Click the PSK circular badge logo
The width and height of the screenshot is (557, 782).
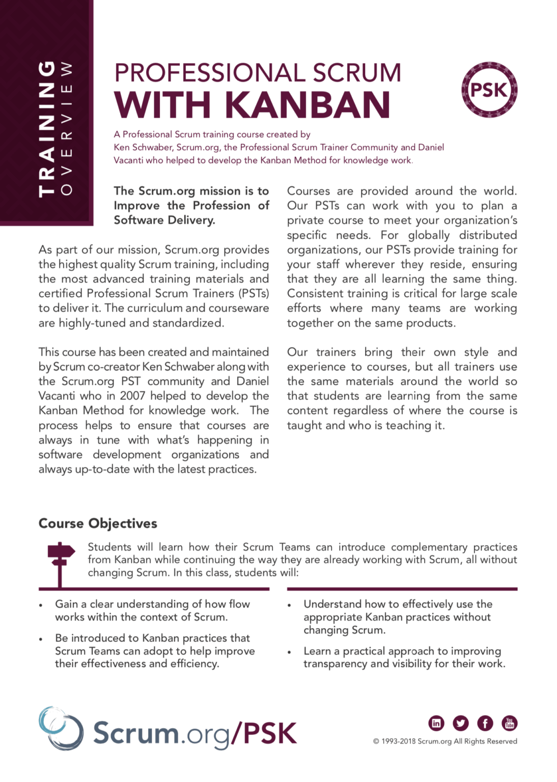tap(489, 90)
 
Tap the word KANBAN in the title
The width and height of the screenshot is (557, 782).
tap(308, 105)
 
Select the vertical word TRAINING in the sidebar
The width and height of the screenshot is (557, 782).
tap(47, 129)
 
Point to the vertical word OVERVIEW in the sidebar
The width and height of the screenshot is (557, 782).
tap(66, 129)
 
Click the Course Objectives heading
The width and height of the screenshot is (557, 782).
tap(98, 523)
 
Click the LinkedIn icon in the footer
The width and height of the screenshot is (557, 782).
tap(436, 722)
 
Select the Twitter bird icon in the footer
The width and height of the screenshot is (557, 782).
tap(461, 722)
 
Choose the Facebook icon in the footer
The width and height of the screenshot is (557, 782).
tap(485, 722)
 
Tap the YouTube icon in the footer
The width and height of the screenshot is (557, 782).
tap(509, 722)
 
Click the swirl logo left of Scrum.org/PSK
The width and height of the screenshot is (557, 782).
tap(61, 729)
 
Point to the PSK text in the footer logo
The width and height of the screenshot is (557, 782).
tap(270, 734)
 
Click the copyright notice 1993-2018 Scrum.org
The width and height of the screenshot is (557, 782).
tap(445, 741)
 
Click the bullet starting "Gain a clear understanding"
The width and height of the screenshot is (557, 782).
tap(152, 610)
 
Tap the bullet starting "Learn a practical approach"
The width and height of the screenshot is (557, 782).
tap(404, 657)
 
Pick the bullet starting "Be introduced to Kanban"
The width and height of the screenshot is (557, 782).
tap(155, 651)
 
